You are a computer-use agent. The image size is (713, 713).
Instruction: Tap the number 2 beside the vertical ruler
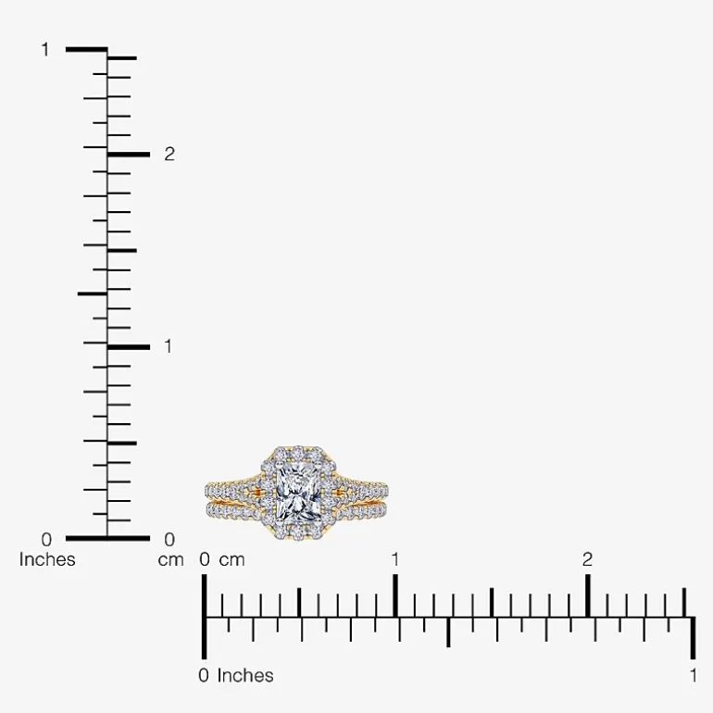pyautogui.click(x=169, y=155)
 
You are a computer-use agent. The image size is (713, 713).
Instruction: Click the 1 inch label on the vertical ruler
pyautogui.click(x=45, y=50)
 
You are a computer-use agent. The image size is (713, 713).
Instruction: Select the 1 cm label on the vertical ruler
pyautogui.click(x=169, y=346)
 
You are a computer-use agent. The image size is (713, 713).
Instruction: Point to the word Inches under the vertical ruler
pyautogui.click(x=47, y=559)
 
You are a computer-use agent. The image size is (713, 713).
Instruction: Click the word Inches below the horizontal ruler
pyautogui.click(x=245, y=676)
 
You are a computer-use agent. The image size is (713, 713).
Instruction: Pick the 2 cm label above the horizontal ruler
pyautogui.click(x=587, y=560)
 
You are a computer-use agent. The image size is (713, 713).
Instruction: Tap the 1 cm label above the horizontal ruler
pyautogui.click(x=395, y=560)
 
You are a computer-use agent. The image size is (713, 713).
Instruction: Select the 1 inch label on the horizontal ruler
pyautogui.click(x=693, y=676)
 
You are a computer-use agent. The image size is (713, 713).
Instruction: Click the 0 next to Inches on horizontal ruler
pyautogui.click(x=204, y=676)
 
